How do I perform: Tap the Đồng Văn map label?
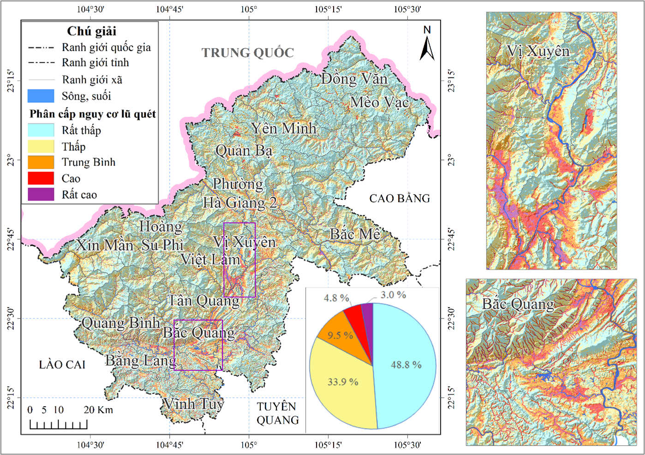pyautogui.click(x=354, y=79)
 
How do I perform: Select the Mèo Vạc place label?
pyautogui.click(x=379, y=102)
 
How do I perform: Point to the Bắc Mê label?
pyautogui.click(x=355, y=234)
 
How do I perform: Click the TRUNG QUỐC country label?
pyautogui.click(x=247, y=53)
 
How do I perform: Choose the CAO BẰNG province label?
pyautogui.click(x=400, y=199)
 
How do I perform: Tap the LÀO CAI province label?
pyautogui.click(x=62, y=365)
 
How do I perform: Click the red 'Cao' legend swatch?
pyautogui.click(x=41, y=178)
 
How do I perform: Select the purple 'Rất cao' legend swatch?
pyautogui.click(x=41, y=195)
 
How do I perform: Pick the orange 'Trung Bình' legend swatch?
pyautogui.click(x=41, y=162)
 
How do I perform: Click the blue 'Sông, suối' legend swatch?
pyautogui.click(x=41, y=96)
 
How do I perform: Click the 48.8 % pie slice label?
pyautogui.click(x=406, y=365)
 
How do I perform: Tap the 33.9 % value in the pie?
pyautogui.click(x=343, y=382)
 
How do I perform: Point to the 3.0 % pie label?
pyautogui.click(x=393, y=295)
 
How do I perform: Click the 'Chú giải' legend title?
pyautogui.click(x=91, y=31)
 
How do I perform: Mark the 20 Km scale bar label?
pyautogui.click(x=98, y=410)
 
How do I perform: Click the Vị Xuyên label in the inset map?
pyautogui.click(x=538, y=51)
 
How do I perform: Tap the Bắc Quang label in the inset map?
pyautogui.click(x=518, y=304)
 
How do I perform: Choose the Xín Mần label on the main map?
pyautogui.click(x=104, y=245)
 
